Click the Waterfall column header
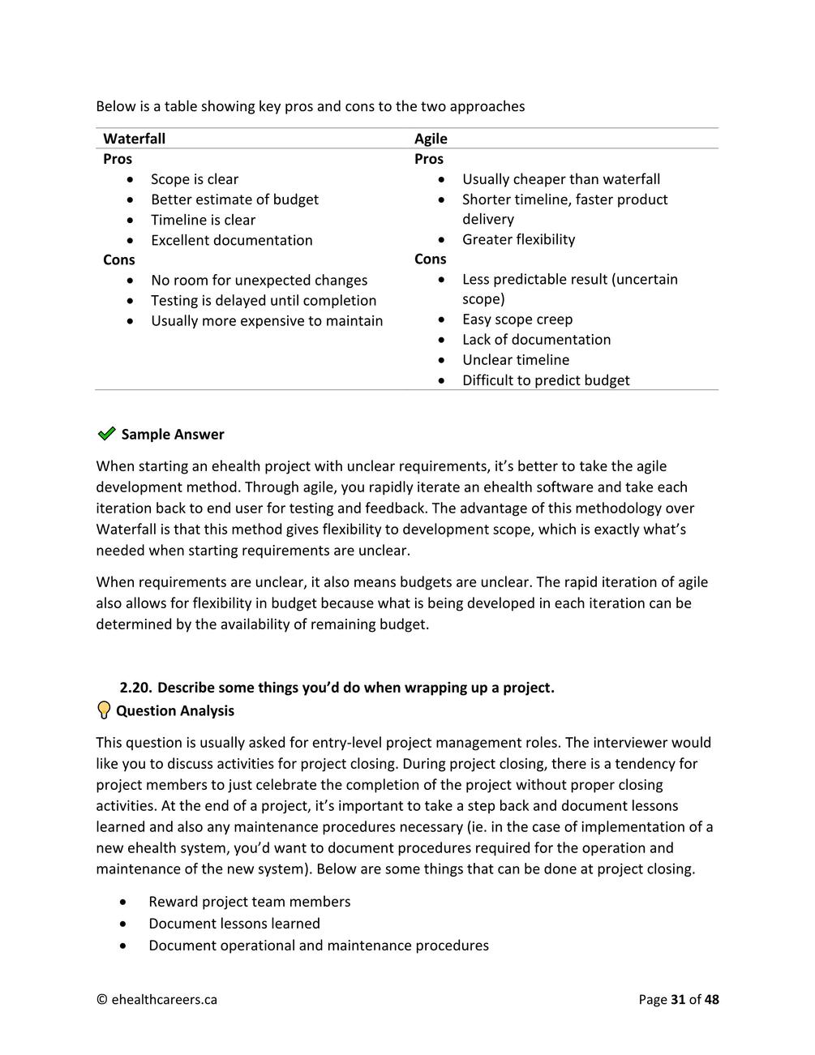134,139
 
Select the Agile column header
431,139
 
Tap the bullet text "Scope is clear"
195,179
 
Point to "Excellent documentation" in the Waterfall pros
231,240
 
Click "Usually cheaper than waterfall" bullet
560,179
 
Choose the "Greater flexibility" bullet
518,239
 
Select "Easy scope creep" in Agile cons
517,320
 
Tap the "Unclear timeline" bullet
515,360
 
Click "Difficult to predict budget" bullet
545,380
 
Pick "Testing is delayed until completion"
263,300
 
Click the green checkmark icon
106,434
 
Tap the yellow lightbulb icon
104,710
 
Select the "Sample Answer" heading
173,435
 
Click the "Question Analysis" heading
175,711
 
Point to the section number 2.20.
135,688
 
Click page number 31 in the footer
679,1000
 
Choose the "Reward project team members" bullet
249,902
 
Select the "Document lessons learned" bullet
234,924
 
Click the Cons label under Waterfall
119,259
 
